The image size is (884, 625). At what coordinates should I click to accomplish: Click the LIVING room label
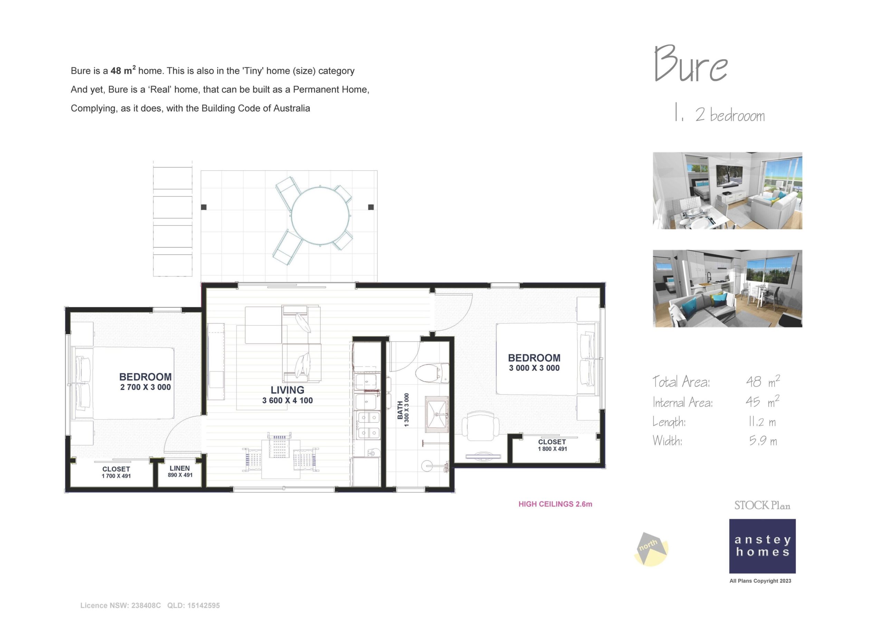pyautogui.click(x=287, y=390)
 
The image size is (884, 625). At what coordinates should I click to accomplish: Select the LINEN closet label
pyautogui.click(x=180, y=468)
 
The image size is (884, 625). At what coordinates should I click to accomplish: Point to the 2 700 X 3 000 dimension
pyautogui.click(x=145, y=387)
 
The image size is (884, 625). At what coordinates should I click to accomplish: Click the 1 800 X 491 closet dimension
pyautogui.click(x=552, y=449)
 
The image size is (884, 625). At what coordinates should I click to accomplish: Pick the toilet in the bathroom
pyautogui.click(x=432, y=372)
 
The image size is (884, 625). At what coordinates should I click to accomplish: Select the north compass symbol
pyautogui.click(x=650, y=548)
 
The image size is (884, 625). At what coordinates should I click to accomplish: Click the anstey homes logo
pyautogui.click(x=762, y=546)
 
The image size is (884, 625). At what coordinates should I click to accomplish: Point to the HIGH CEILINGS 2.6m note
pyautogui.click(x=555, y=504)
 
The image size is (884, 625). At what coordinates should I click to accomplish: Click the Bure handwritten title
pyautogui.click(x=691, y=64)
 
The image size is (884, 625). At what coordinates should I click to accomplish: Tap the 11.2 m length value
pyautogui.click(x=762, y=422)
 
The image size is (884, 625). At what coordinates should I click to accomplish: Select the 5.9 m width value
pyautogui.click(x=763, y=441)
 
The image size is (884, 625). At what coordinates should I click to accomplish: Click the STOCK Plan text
pyautogui.click(x=762, y=506)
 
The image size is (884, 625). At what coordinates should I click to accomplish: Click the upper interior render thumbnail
pyautogui.click(x=727, y=191)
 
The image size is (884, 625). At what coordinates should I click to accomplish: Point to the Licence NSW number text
pyautogui.click(x=121, y=605)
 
